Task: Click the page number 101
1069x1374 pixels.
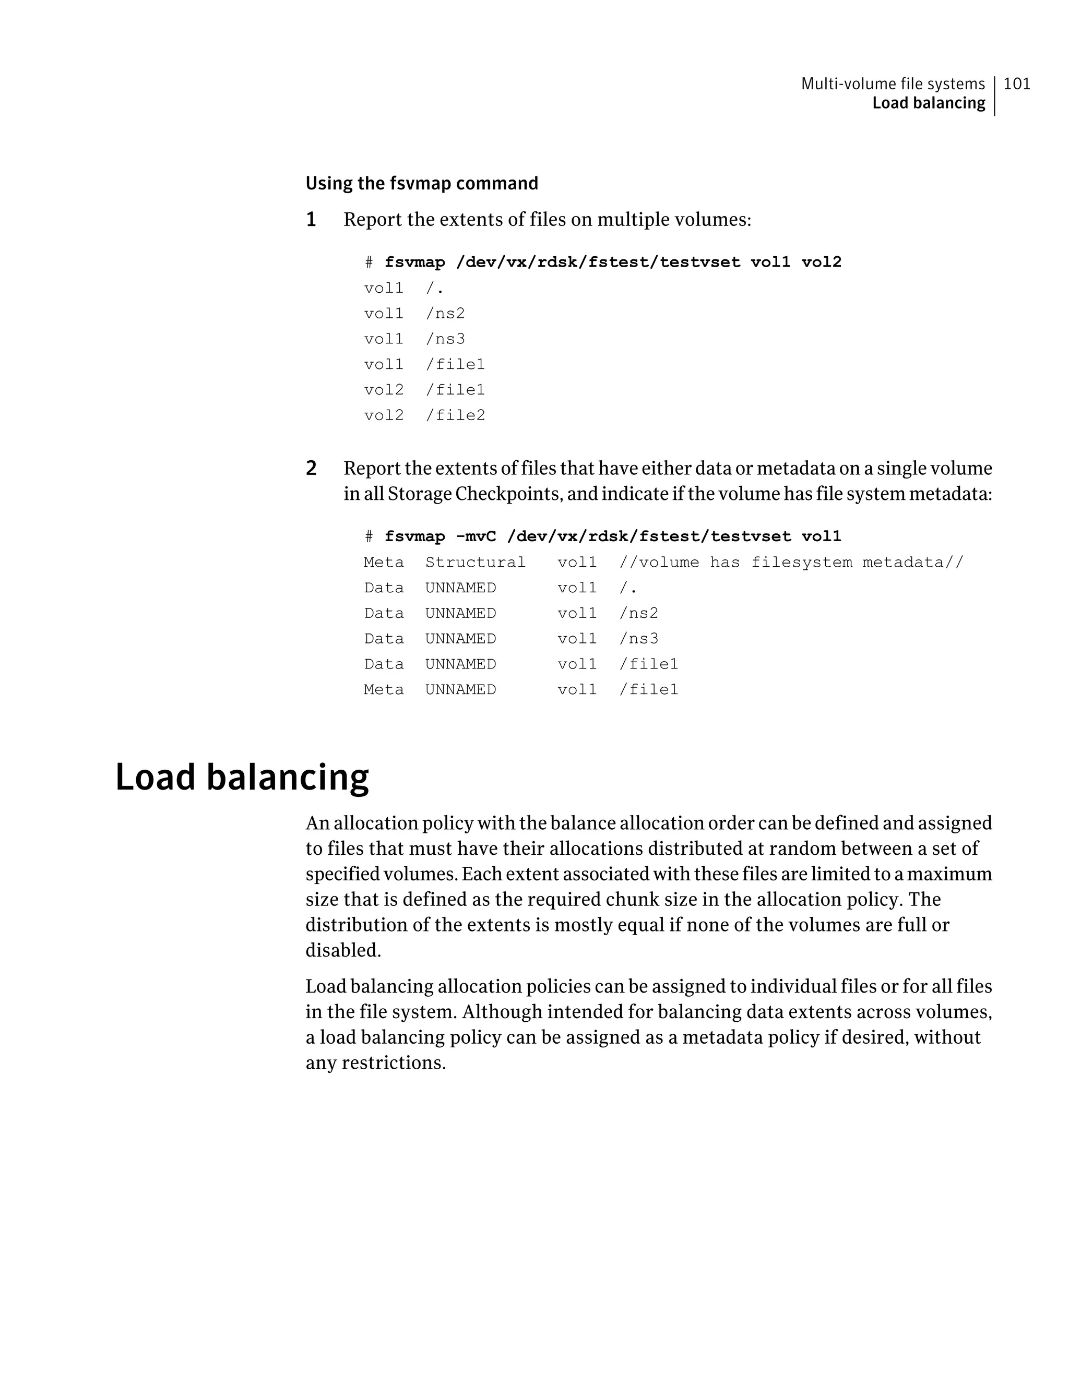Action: click(1017, 83)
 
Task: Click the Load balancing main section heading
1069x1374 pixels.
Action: click(242, 777)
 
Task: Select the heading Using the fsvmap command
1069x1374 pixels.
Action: click(422, 183)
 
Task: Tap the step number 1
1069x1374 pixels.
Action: click(311, 220)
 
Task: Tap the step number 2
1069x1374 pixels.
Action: click(311, 468)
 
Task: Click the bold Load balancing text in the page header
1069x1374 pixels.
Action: click(928, 103)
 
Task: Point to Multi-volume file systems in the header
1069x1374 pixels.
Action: click(892, 83)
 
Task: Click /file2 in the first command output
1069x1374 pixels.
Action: click(455, 415)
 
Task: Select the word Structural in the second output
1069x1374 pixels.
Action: click(475, 562)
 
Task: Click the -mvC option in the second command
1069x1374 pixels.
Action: click(476, 536)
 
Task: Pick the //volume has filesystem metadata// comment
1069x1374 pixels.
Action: click(791, 562)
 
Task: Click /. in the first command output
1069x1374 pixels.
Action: click(435, 288)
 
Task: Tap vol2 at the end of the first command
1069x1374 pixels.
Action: click(821, 262)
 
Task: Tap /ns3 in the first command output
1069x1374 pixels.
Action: click(445, 339)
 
